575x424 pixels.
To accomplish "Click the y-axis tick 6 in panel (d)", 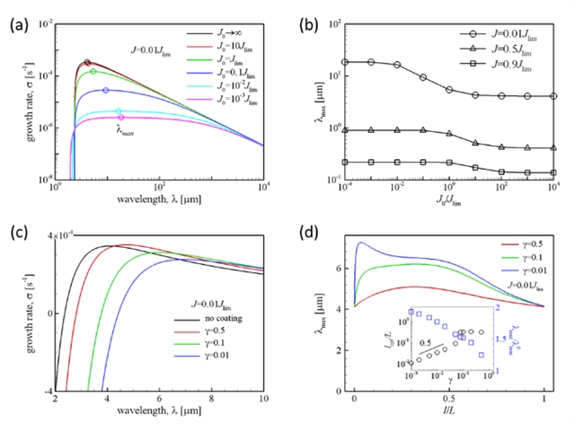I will coord(342,268).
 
